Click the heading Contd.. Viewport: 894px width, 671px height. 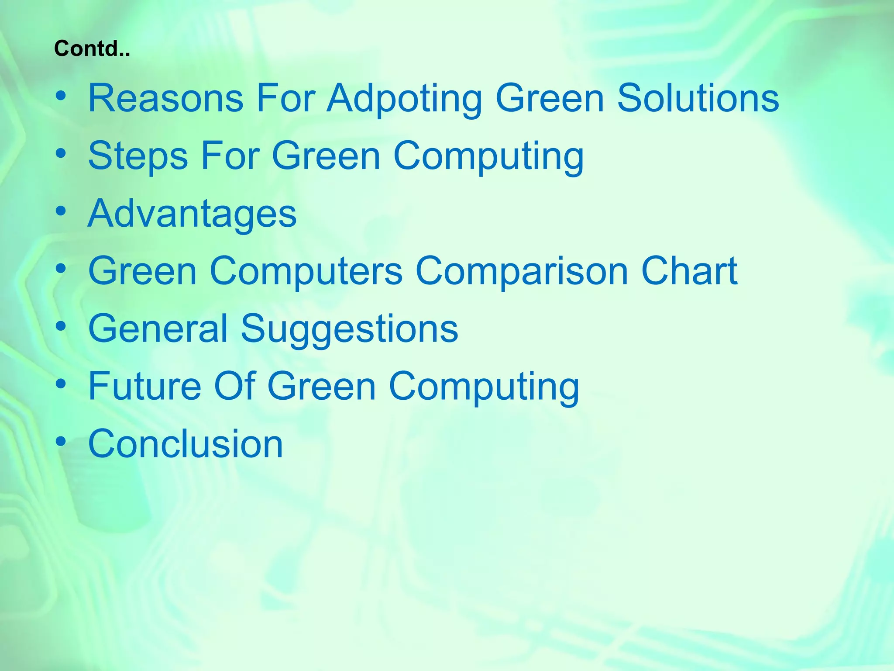[92, 48]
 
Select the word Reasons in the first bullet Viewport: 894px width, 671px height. [166, 98]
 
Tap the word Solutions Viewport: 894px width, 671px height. [698, 98]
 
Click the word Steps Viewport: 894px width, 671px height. [138, 156]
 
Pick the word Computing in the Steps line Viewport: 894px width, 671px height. [488, 156]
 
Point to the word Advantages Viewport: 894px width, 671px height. [192, 214]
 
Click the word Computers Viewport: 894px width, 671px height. [306, 271]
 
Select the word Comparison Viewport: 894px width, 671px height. [522, 271]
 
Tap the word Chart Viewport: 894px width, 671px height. [689, 271]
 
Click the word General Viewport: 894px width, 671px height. [158, 329]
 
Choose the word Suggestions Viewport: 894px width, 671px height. [349, 329]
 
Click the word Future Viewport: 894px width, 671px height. [144, 386]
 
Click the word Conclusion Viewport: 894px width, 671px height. [186, 444]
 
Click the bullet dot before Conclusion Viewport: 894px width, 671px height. [61, 441]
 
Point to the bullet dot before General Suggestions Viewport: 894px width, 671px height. [61, 326]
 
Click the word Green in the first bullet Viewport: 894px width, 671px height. [550, 98]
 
